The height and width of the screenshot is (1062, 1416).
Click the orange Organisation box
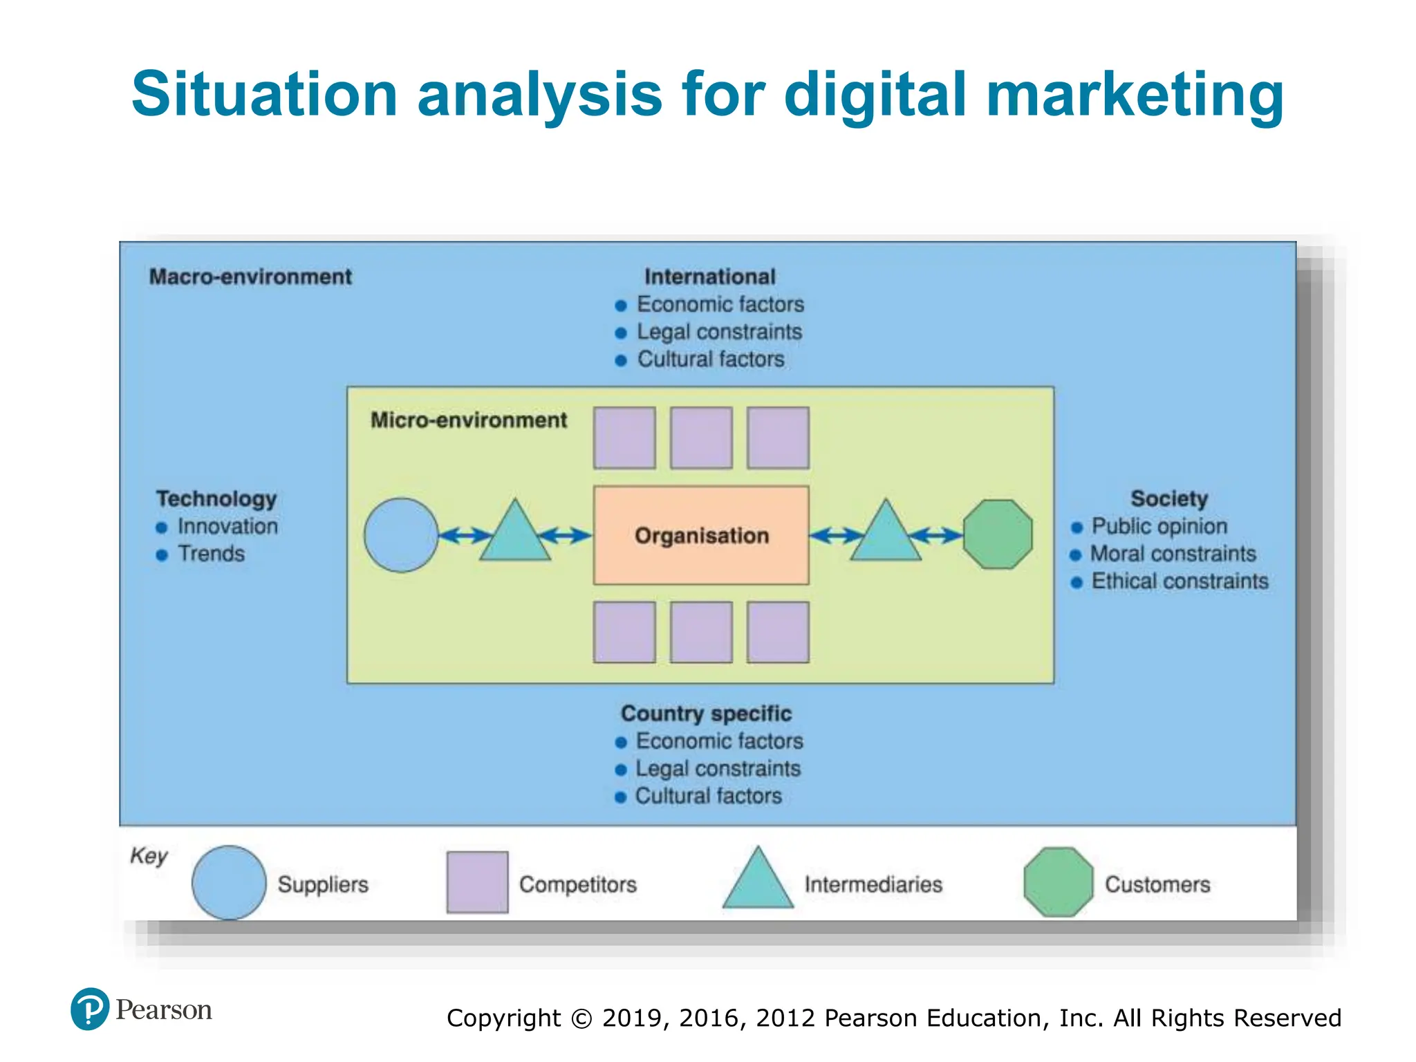701,535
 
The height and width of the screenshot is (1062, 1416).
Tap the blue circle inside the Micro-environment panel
401,535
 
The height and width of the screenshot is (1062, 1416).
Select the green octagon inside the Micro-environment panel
998,534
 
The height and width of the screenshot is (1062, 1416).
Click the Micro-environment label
468,420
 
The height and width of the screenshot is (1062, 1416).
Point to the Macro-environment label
250,277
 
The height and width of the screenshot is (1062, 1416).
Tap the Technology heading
216,499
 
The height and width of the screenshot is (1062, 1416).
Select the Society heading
1169,499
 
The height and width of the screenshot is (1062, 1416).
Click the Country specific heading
706,714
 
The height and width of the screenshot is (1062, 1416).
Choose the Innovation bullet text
227,526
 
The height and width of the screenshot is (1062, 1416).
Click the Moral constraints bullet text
1173,554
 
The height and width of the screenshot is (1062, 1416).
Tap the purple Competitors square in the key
477,882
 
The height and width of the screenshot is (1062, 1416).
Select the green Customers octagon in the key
1058,882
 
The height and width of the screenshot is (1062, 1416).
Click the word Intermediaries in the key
873,884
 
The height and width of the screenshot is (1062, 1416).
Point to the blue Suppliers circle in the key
229,883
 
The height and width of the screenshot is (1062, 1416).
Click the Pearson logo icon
90,1009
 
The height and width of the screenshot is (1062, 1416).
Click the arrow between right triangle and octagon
936,535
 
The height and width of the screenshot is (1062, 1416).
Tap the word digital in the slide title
875,94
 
